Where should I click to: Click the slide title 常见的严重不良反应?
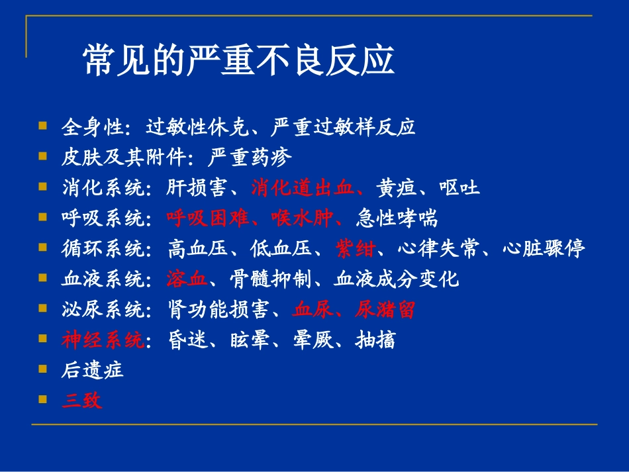pyautogui.click(x=238, y=62)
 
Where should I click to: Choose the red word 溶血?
pyautogui.click(x=187, y=279)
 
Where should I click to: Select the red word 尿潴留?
pyautogui.click(x=385, y=309)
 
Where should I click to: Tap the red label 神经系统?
pyautogui.click(x=102, y=340)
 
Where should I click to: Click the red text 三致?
pyautogui.click(x=82, y=401)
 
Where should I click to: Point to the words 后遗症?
pyautogui.click(x=92, y=370)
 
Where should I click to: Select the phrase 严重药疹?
pyautogui.click(x=249, y=158)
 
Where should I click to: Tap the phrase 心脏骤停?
pyautogui.click(x=544, y=250)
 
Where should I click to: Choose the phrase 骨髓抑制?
pyautogui.click(x=271, y=279)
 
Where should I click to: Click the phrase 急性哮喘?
pyautogui.click(x=396, y=218)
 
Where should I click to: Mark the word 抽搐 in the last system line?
pyautogui.click(x=375, y=340)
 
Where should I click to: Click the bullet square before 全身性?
pyautogui.click(x=43, y=125)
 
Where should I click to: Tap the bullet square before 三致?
pyautogui.click(x=43, y=399)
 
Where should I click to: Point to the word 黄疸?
pyautogui.click(x=396, y=188)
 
